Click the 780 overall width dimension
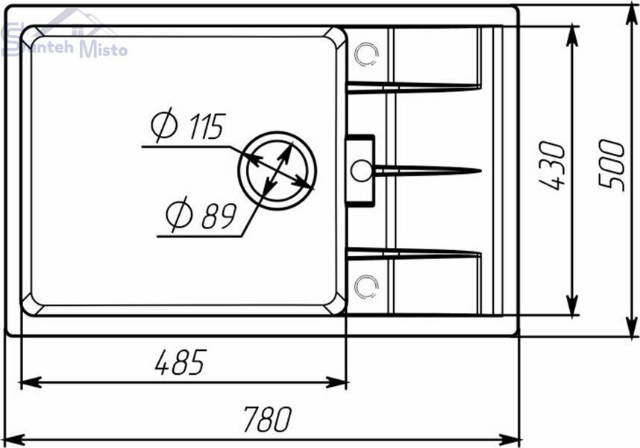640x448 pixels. pos(267,419)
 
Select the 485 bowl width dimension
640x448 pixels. pos(181,362)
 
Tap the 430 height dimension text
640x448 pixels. pos(552,166)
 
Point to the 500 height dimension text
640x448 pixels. pos(612,165)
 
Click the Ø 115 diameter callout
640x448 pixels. pos(188,125)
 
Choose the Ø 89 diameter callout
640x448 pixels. pos(201,214)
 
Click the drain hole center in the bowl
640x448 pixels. pos(277,171)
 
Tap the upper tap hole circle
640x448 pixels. pos(366,55)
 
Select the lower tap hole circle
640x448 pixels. pos(366,287)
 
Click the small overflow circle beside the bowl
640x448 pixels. pos(362,170)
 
